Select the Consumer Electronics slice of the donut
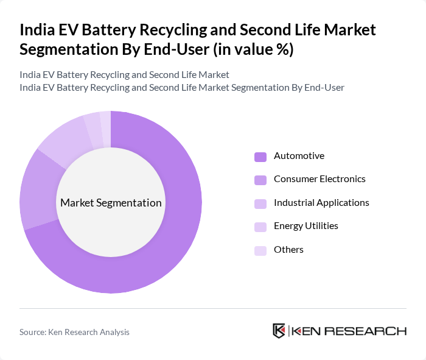38,189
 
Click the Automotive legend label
299,156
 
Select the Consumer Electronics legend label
319,179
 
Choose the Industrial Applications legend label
321,203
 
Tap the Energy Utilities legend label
306,226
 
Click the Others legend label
288,250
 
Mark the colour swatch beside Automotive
260,157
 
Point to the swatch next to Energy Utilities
260,227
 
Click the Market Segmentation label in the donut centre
111,203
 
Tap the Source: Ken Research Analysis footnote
74,332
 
